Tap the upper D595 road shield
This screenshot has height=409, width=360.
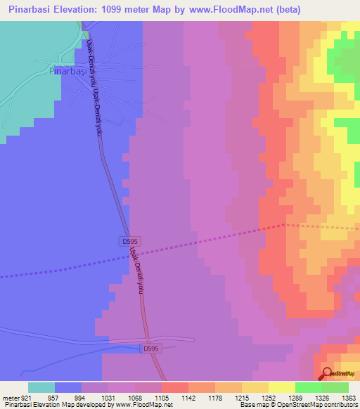click(x=129, y=241)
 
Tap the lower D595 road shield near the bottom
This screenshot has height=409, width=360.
click(x=150, y=348)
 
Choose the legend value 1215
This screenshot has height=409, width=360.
click(x=242, y=398)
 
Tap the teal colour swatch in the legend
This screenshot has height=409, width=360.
click(x=41, y=387)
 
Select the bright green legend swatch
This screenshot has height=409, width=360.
click(x=308, y=387)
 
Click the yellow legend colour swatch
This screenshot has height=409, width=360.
click(x=281, y=387)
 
